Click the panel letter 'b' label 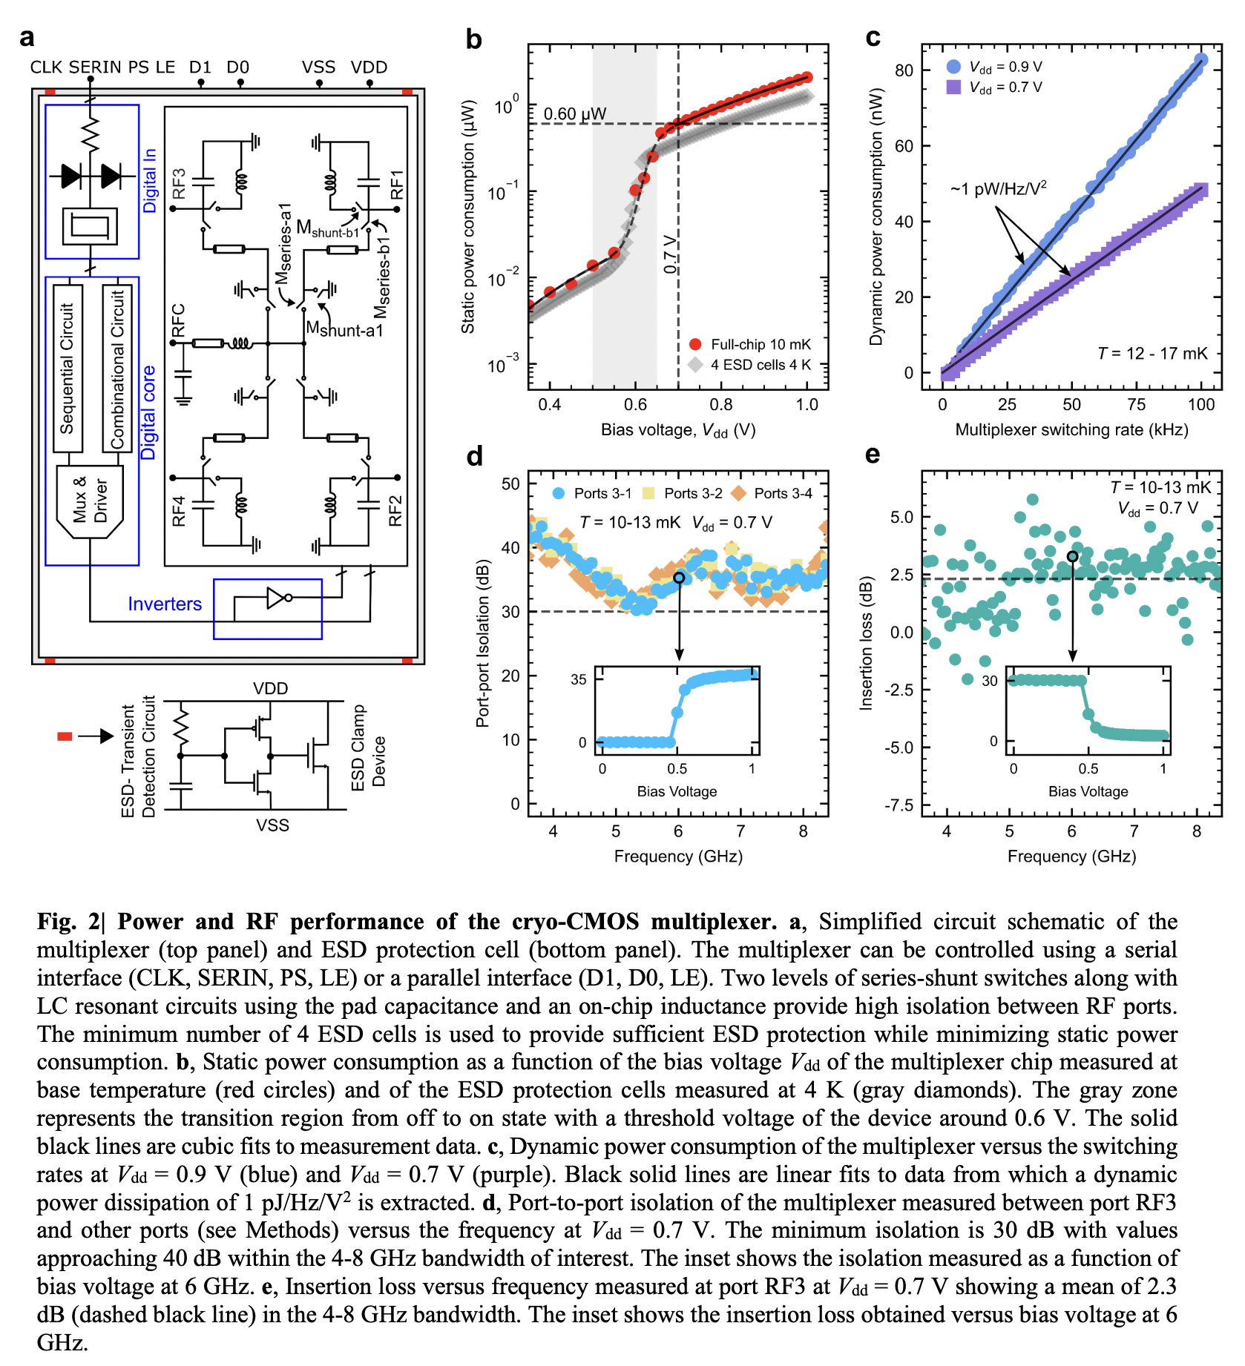[473, 39]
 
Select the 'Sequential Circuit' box [68, 368]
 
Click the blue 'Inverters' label [164, 604]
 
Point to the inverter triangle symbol [277, 597]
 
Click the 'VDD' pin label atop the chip [369, 67]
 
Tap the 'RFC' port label [178, 320]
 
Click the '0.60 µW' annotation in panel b [574, 113]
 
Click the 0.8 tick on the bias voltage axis [720, 405]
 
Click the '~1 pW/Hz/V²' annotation [998, 188]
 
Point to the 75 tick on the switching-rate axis [1136, 405]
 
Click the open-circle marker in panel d [679, 577]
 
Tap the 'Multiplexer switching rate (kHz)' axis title [1071, 430]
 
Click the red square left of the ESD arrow [65, 736]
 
